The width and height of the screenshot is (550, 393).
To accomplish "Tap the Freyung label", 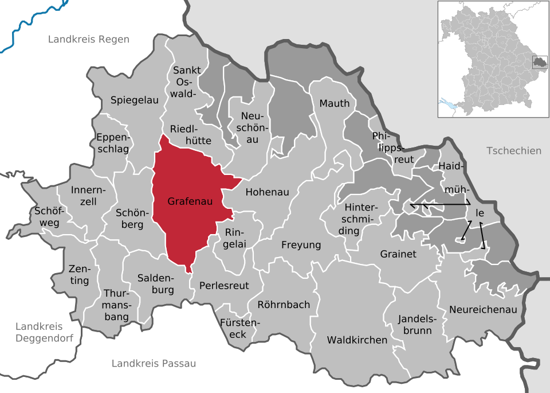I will pos(301,245).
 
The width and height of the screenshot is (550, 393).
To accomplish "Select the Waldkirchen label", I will pos(357,340).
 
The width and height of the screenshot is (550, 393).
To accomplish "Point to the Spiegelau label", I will pos(134,100).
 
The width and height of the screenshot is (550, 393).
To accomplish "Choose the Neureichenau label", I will pos(483,309).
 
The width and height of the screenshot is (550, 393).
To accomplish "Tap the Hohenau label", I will pos(267,192).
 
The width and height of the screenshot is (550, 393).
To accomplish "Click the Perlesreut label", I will pos(224,285).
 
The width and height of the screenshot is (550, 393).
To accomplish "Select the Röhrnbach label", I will pos(284,305).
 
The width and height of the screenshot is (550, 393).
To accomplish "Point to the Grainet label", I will pos(398,254).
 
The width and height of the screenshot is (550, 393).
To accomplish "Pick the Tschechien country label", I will pos(513,151).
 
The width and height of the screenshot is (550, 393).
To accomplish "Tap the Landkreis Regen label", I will pos(89,40).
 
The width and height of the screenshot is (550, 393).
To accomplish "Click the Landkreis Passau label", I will pos(154,363).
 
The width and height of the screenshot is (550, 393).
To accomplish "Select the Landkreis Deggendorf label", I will pos(44,332).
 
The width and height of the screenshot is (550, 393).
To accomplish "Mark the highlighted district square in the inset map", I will pos(539,62).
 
